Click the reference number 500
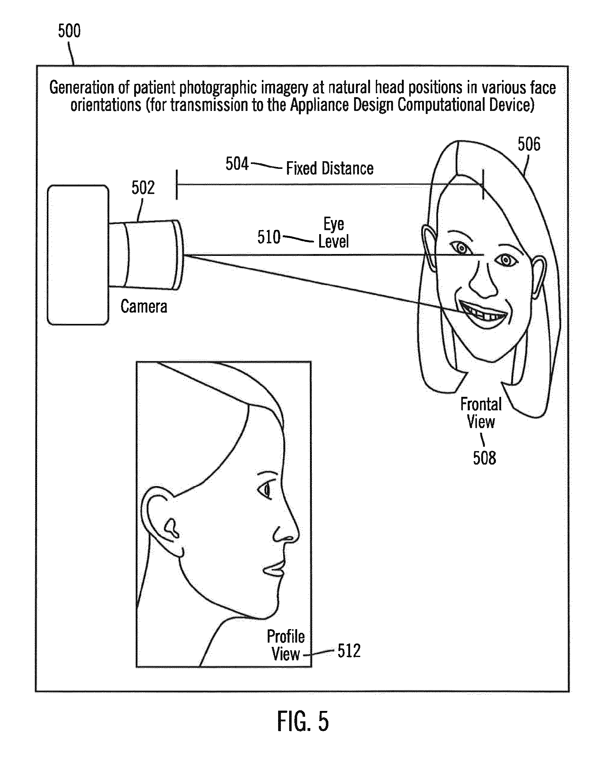coord(69,31)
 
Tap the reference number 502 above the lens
coord(143,188)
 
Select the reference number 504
coord(237,164)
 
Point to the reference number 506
coord(529,144)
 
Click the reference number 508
coord(484,458)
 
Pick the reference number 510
coord(269,237)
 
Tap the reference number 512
coord(349,651)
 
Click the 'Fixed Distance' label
coord(330,169)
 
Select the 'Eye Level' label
coord(334,233)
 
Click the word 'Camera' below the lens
coord(144,306)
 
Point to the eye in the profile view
coord(265,490)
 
